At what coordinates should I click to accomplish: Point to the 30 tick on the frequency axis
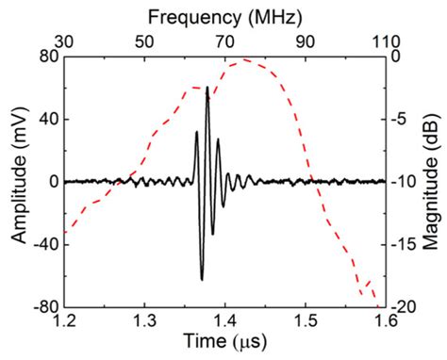(64, 41)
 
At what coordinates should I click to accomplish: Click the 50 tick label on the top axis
(144, 41)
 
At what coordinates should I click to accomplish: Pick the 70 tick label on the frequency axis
(224, 41)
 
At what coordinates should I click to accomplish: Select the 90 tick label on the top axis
(305, 41)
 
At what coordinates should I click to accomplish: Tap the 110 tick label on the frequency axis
(383, 41)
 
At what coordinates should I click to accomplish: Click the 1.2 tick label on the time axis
(64, 322)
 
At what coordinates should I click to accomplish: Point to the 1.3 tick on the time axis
(144, 322)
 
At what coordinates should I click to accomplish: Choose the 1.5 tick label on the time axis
(305, 322)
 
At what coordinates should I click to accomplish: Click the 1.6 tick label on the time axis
(384, 322)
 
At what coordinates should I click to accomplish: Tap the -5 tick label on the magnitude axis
(400, 120)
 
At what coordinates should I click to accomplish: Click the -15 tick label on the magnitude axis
(404, 245)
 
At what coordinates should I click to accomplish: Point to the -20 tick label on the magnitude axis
(404, 307)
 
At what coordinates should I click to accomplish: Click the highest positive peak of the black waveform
(207, 88)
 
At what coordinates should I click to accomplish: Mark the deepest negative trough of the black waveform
(202, 279)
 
